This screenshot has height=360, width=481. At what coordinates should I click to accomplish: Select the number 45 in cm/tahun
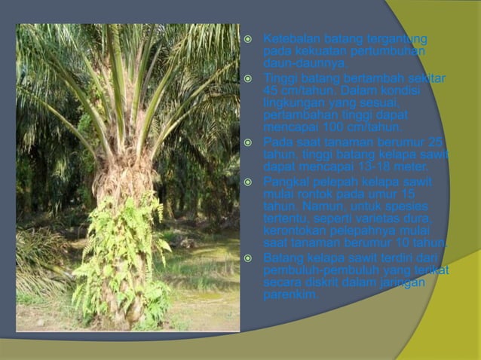271,90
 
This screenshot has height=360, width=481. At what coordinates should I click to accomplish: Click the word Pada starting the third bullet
277,142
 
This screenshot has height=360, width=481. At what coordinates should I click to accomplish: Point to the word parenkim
290,295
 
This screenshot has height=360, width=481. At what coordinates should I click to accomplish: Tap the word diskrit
326,283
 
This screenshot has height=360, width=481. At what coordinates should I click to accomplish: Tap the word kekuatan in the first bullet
318,51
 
